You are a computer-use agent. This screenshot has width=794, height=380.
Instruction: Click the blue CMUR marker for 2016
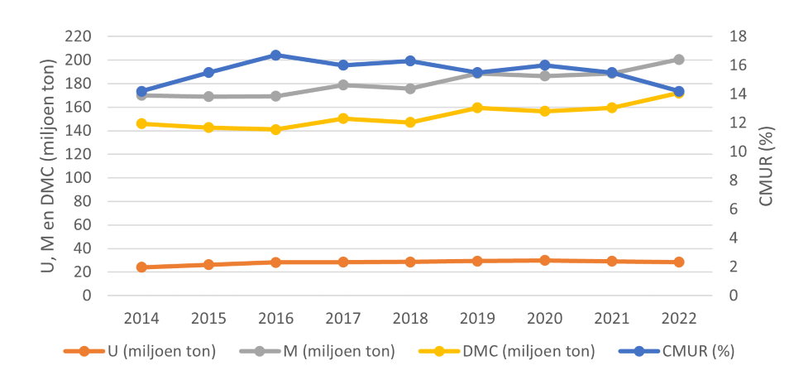(x=275, y=55)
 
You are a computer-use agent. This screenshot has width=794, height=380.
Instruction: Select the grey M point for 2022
(x=679, y=60)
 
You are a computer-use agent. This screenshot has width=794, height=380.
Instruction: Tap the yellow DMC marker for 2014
(x=141, y=124)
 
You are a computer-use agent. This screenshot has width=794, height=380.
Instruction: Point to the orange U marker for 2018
(x=410, y=262)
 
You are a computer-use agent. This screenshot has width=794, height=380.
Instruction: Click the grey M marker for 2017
(x=343, y=85)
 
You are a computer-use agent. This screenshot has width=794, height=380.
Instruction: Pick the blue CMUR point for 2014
(x=141, y=91)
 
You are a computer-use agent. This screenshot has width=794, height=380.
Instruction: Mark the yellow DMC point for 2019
(x=477, y=108)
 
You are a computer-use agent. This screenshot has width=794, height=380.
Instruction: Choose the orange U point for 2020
(x=544, y=260)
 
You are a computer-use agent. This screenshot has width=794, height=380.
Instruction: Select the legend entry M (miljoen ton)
(x=318, y=351)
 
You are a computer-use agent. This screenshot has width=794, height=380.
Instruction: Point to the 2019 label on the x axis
(x=477, y=318)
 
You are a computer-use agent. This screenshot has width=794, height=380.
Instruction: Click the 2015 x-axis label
(x=208, y=318)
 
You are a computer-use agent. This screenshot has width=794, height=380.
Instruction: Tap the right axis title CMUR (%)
(x=767, y=166)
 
